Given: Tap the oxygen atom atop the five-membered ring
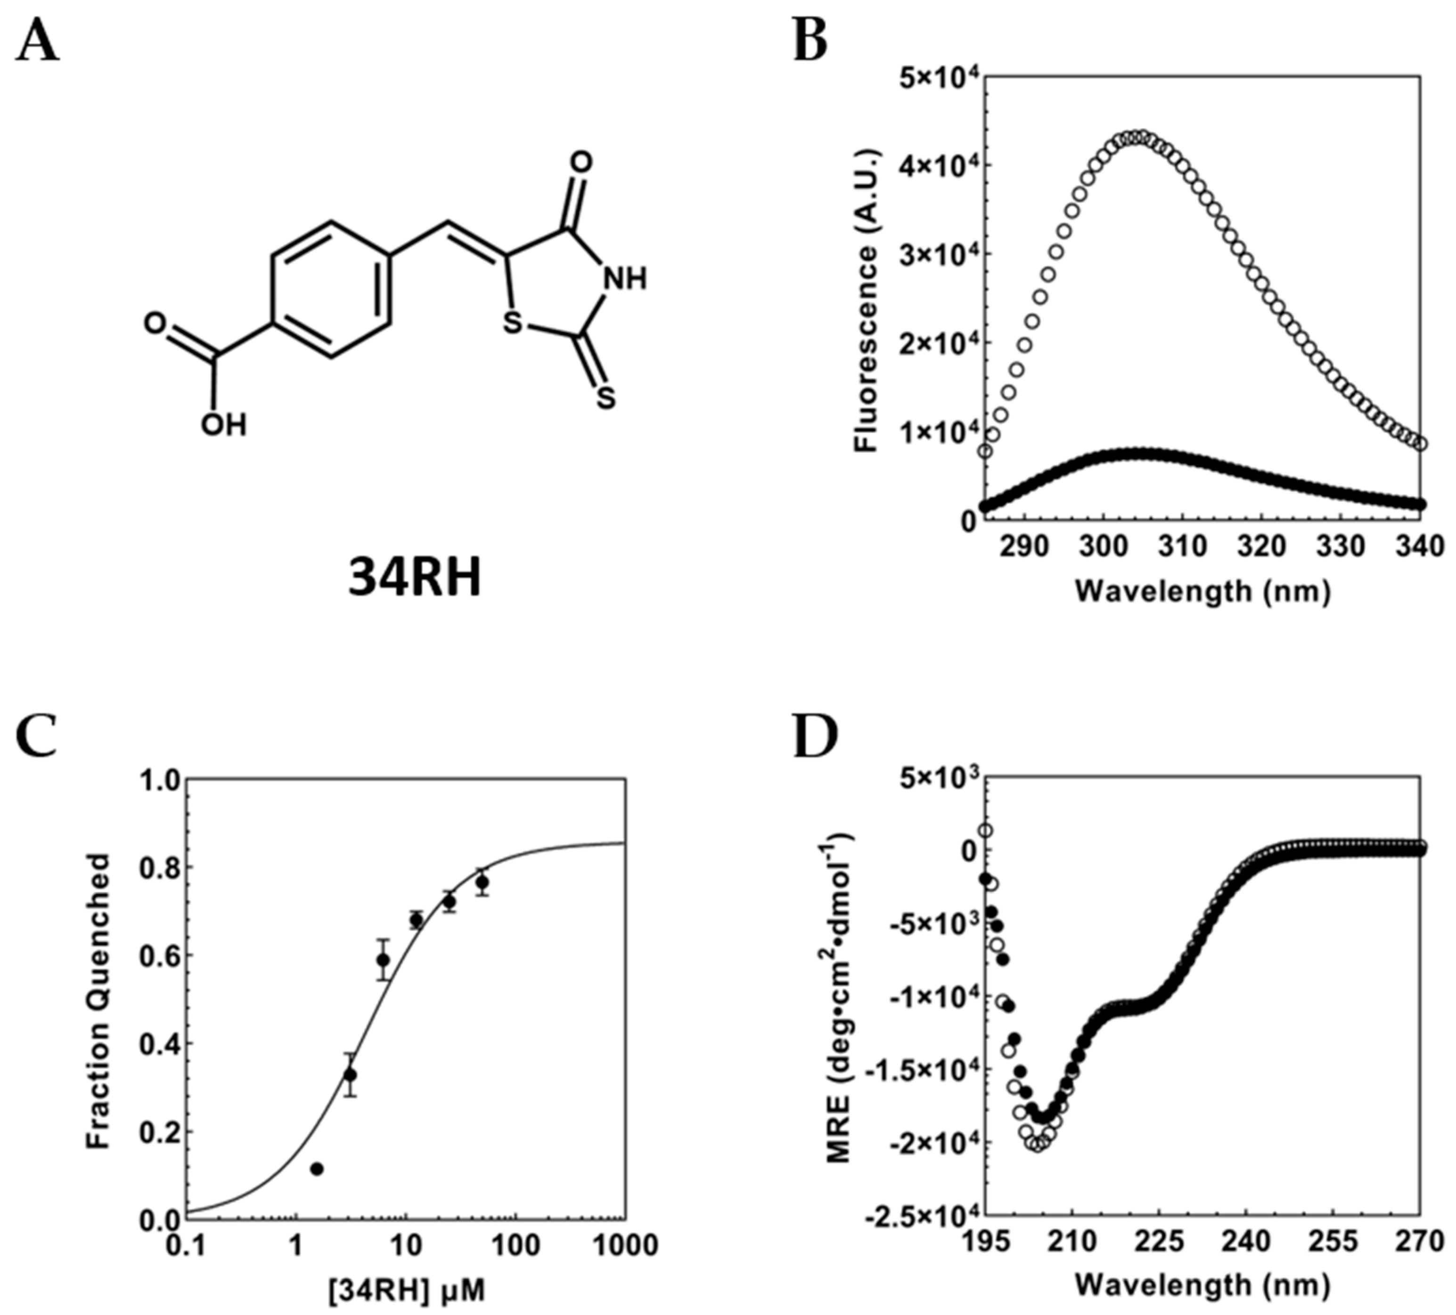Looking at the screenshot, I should click(580, 162).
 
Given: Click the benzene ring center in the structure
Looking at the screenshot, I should click(332, 289).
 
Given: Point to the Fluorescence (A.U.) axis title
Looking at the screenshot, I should click(865, 300).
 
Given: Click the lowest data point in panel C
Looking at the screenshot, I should click(316, 1169).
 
